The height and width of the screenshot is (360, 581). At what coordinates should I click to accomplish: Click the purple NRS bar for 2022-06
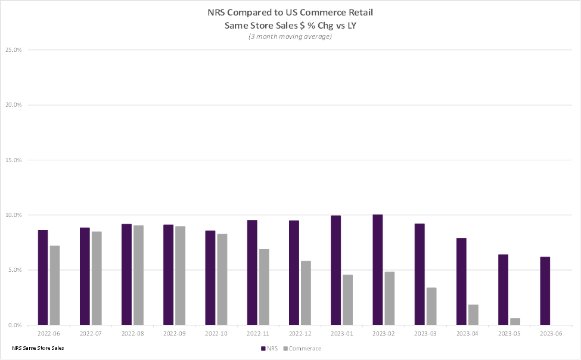click(x=43, y=277)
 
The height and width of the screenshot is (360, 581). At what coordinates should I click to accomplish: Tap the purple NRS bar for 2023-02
click(x=378, y=269)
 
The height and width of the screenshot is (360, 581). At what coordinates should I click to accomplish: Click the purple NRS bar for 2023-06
click(x=545, y=291)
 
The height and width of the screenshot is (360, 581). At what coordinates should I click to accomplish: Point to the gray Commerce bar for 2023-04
click(x=473, y=315)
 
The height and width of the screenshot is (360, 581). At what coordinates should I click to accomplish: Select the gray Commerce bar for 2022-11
click(x=263, y=287)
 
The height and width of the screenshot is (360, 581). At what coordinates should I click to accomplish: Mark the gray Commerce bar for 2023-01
click(x=347, y=300)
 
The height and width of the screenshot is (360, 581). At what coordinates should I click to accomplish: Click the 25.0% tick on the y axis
click(x=14, y=50)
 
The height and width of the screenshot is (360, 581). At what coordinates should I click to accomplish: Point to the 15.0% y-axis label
click(x=14, y=160)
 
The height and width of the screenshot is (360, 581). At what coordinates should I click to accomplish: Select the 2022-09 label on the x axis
click(x=174, y=334)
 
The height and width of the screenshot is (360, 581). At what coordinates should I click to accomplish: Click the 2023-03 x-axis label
click(x=425, y=334)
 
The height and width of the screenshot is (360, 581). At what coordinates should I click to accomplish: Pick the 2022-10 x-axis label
click(x=216, y=334)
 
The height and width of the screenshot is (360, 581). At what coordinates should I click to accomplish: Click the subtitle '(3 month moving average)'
click(x=290, y=36)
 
